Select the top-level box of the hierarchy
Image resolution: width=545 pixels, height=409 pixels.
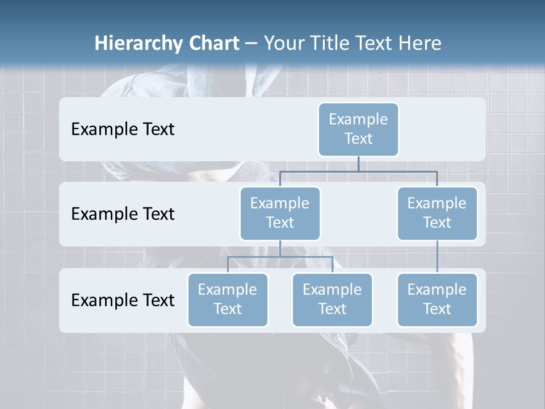point(358,130)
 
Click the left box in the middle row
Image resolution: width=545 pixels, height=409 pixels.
point(280,214)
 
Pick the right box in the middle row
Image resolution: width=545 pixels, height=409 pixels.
point(437,214)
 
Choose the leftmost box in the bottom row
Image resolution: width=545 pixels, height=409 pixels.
point(228,300)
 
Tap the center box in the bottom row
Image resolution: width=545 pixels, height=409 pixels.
point(332,300)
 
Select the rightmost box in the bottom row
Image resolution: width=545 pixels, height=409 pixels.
point(437,300)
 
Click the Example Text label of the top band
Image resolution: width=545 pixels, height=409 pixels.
point(123,130)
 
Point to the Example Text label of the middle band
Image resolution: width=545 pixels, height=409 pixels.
point(123,214)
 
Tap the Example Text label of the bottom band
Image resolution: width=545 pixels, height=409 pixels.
point(123,300)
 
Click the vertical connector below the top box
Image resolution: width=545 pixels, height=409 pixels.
point(358,164)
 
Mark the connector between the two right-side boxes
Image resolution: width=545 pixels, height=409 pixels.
point(437,257)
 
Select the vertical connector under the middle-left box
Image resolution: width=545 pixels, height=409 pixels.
point(280,248)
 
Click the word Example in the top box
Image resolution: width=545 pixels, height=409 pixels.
point(358,119)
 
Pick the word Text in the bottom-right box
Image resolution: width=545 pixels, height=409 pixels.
point(437,309)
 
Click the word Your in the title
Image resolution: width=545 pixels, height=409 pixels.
point(284,44)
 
